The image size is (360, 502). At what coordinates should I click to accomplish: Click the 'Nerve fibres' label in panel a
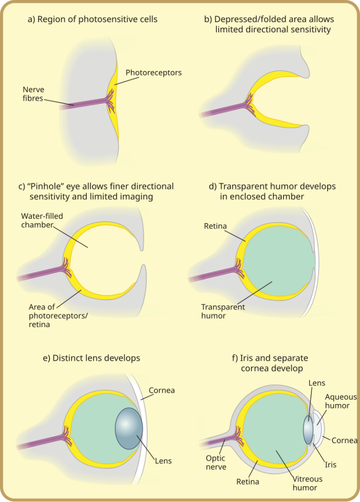(x=33, y=94)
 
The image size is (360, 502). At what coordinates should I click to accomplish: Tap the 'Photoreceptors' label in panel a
(x=153, y=73)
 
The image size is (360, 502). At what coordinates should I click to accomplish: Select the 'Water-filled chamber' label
(x=42, y=220)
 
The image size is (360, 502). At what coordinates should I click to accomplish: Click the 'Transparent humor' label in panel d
(x=223, y=311)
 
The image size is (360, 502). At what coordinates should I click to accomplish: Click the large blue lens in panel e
(x=129, y=428)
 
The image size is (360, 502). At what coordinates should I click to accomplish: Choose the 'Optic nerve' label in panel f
(x=216, y=462)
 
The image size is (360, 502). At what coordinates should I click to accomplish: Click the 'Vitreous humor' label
(x=308, y=483)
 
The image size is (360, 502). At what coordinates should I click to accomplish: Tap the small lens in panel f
(x=308, y=430)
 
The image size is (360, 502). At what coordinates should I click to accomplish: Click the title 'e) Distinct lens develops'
(x=91, y=358)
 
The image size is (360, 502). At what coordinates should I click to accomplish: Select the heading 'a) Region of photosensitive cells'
(x=92, y=20)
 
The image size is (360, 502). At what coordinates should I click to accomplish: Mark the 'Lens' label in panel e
(x=163, y=461)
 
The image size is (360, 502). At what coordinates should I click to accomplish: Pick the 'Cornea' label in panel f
(x=344, y=440)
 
